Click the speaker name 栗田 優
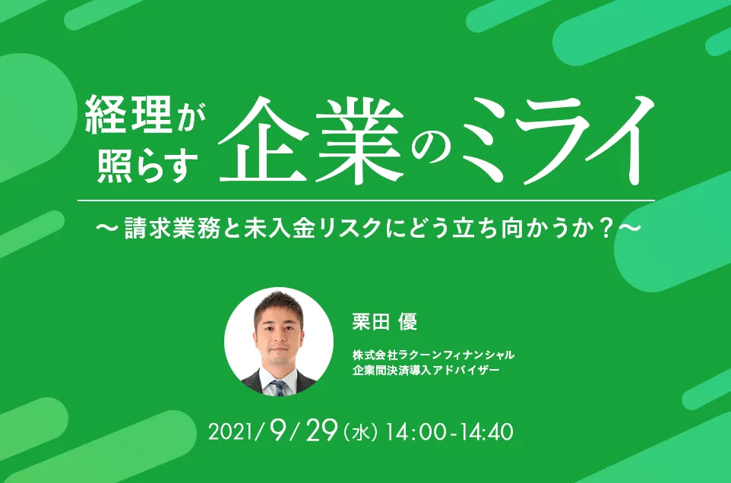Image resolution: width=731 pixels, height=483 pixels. (385, 322)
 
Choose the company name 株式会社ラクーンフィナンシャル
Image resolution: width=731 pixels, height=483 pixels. (434, 355)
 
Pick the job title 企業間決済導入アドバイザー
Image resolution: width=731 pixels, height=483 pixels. (426, 370)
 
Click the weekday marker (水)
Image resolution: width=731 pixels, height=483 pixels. (359, 434)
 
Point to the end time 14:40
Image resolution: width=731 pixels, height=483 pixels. (483, 433)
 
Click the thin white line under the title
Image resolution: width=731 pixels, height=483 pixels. (365, 200)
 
